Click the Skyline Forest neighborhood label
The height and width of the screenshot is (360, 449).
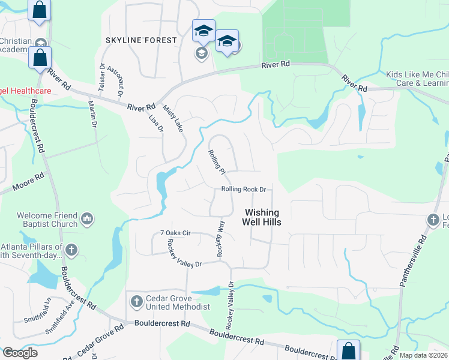click(142, 40)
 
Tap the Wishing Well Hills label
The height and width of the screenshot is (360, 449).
click(262, 217)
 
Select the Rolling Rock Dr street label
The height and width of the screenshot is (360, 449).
click(243, 189)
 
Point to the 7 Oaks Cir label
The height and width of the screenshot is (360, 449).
click(175, 233)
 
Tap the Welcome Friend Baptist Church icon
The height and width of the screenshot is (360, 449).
click(86, 220)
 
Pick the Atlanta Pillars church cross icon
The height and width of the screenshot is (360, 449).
click(71, 250)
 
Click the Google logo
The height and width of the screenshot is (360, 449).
click(20, 352)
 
